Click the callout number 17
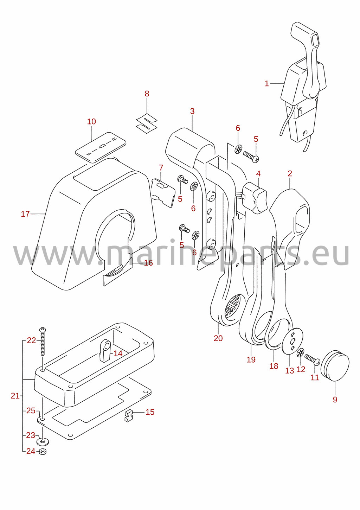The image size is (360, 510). click(25, 214)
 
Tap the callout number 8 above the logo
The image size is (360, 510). click(147, 94)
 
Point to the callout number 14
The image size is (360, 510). click(118, 353)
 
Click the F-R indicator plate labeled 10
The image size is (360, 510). click(101, 147)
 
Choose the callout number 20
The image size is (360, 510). click(218, 338)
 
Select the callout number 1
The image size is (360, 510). click(267, 84)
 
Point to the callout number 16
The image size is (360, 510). click(148, 263)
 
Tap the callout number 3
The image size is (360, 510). click(192, 111)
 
